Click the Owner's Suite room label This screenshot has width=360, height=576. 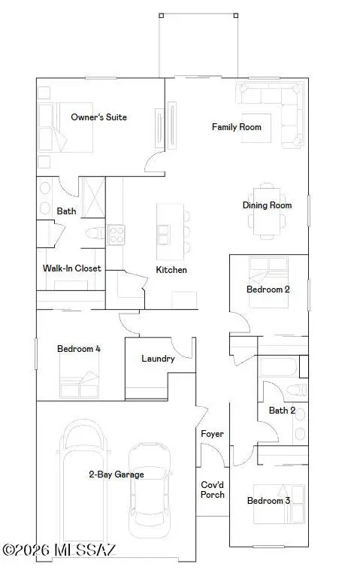tap(98, 117)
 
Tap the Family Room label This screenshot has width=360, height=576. tap(236, 127)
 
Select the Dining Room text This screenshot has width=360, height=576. tap(267, 205)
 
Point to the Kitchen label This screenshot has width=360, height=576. tap(171, 270)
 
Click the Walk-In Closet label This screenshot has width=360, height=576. tap(71, 268)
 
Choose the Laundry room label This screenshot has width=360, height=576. tap(158, 359)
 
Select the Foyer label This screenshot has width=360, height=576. tap(212, 434)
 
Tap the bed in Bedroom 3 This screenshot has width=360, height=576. tap(279, 504)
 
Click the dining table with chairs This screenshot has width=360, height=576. tap(268, 211)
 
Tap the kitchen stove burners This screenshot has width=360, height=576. tap(116, 235)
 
